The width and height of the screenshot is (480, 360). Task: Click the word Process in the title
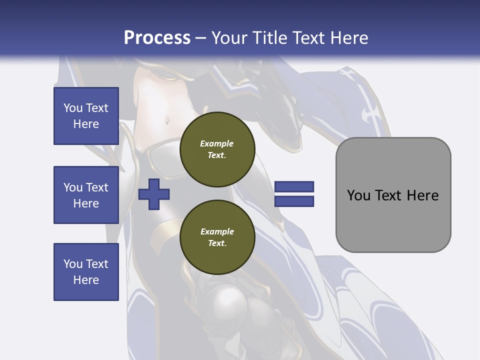157,38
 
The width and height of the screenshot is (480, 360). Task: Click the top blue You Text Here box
86,116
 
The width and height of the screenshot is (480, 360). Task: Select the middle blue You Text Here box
86,195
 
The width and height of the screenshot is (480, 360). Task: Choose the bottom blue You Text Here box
86,271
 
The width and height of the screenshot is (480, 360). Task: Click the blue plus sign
154,194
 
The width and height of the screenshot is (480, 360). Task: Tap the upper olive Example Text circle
217,149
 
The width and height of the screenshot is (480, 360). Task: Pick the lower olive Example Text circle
217,237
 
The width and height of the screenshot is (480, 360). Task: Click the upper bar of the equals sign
294,187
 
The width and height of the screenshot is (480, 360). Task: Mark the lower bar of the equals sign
294,201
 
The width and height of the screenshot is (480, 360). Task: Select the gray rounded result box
393,195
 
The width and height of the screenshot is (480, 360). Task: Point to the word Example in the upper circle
217,143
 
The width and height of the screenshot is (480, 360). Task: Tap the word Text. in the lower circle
217,243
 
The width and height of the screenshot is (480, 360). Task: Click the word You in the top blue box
73,108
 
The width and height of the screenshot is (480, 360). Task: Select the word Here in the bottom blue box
86,280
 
